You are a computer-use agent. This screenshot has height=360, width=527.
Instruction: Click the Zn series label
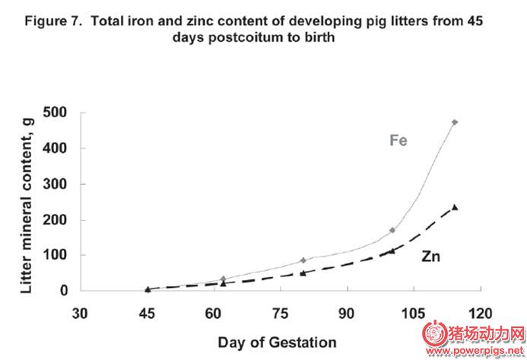click(x=431, y=256)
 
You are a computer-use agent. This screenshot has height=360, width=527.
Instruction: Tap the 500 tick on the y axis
click(x=56, y=113)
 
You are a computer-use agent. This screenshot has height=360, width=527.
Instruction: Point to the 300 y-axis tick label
click(x=56, y=184)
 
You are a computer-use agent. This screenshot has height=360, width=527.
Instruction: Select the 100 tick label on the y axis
click(x=56, y=255)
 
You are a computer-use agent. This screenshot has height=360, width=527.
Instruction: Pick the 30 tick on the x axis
click(x=81, y=312)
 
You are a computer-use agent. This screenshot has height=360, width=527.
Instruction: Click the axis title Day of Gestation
click(x=276, y=342)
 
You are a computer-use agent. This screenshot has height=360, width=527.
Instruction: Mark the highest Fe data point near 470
click(x=455, y=123)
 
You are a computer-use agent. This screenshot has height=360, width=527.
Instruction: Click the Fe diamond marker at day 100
click(x=392, y=230)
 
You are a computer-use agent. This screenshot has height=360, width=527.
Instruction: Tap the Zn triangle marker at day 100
click(x=392, y=250)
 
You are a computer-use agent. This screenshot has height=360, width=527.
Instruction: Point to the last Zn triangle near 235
click(x=455, y=207)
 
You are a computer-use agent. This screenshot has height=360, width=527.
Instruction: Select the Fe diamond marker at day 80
click(x=303, y=260)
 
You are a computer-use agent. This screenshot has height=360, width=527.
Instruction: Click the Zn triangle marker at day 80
click(x=303, y=272)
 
